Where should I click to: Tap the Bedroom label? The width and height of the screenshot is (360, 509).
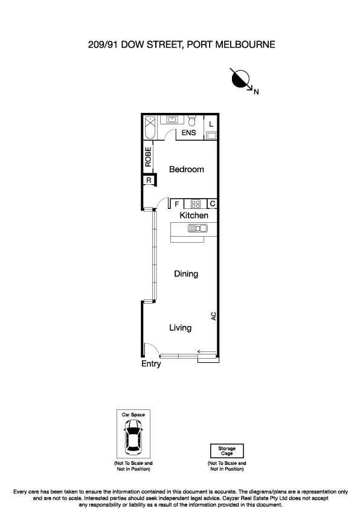click(x=186, y=170)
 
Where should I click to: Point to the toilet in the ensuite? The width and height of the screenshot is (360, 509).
click(x=193, y=120)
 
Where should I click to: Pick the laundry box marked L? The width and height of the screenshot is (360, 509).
click(x=210, y=124)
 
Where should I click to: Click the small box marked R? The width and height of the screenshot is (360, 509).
click(x=148, y=180)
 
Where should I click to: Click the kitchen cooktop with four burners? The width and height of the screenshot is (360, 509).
click(x=196, y=204)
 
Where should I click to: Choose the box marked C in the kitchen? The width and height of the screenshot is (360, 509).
click(x=212, y=204)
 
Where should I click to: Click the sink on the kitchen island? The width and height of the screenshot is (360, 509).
click(x=198, y=228)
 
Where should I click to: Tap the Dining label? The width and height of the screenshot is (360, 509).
click(x=186, y=274)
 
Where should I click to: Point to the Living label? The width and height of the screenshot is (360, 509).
click(x=180, y=328)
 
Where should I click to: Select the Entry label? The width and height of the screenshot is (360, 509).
click(x=151, y=364)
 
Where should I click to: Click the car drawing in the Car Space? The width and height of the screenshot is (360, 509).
click(x=133, y=437)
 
